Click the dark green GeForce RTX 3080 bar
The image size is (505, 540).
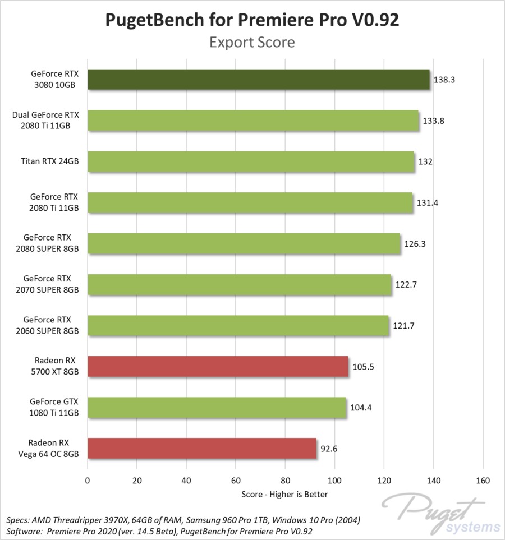pos(258,80)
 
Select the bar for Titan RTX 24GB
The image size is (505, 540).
pos(250,161)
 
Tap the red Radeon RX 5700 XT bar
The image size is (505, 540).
pos(218,367)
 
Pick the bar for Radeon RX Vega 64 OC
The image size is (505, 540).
pos(201,449)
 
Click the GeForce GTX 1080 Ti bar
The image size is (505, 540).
pos(217,408)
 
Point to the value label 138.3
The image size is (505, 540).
pos(444,80)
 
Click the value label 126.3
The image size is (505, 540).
pos(415,244)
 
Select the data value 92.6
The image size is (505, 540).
pos(329,449)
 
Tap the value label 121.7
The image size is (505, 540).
pos(403,326)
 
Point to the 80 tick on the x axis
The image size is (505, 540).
pos(285,481)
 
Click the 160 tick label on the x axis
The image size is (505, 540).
pos(483,481)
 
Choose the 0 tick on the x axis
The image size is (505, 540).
pos(88,481)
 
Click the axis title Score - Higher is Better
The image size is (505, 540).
pos(284,494)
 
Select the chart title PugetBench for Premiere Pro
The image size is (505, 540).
pos(252,20)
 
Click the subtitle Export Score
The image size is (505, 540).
pos(252,42)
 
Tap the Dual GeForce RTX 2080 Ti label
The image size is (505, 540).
pos(45,121)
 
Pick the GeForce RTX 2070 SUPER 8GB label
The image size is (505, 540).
pos(47,284)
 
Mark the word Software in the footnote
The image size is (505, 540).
pos(22,530)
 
